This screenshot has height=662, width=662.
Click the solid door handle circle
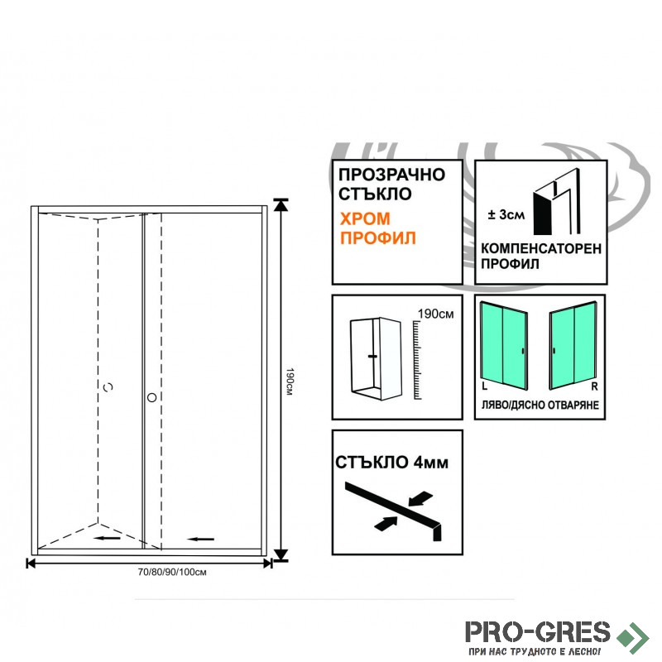tap(152, 397)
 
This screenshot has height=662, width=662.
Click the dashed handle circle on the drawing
tap(108, 386)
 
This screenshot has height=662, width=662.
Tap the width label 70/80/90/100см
tap(172, 572)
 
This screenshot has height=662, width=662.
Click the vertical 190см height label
tap(290, 381)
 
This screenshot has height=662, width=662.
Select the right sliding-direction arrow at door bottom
tap(201, 539)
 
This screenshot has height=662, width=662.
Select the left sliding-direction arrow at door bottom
tap(108, 538)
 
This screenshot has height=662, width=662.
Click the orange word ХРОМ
tap(365, 218)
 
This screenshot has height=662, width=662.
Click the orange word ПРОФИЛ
tap(378, 238)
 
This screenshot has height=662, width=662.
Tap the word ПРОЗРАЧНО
tap(391, 175)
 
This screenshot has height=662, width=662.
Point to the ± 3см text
tap(506, 214)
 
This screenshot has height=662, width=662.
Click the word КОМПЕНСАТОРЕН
tap(541, 249)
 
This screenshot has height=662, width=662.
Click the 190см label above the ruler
tap(436, 314)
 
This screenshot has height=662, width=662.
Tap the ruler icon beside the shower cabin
tap(417, 360)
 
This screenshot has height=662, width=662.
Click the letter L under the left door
tap(484, 386)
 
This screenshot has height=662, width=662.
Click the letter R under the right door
tap(594, 386)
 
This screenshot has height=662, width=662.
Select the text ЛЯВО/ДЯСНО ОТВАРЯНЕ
tap(540, 405)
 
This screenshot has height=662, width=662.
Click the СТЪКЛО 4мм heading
tap(391, 463)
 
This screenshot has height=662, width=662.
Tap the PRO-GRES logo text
tap(538, 632)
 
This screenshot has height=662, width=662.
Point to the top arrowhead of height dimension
tap(281, 204)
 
